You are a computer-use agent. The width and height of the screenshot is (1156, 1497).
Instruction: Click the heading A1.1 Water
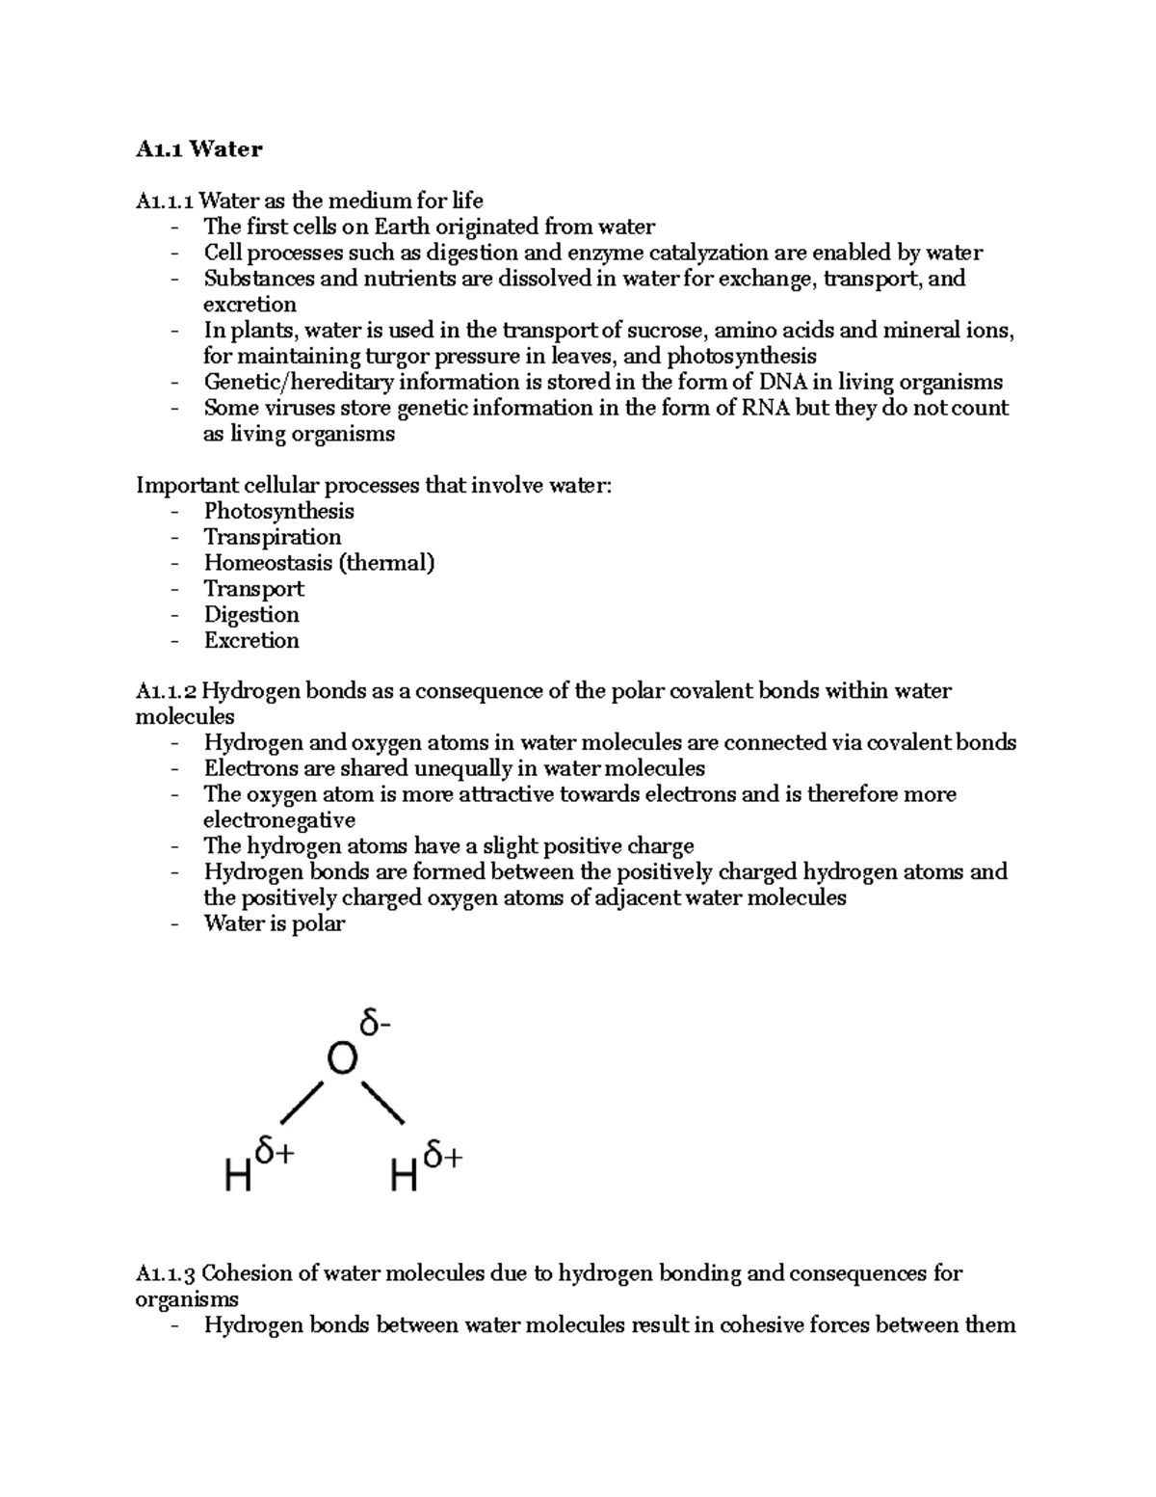point(198,148)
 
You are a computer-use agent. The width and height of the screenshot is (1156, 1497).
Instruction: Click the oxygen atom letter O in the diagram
point(342,1059)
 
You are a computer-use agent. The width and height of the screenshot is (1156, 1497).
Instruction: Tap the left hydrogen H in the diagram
point(238,1176)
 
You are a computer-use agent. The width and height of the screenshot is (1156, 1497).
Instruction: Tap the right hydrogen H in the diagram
point(404,1176)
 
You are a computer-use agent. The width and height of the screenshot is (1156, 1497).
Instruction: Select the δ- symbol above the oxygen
point(375,1022)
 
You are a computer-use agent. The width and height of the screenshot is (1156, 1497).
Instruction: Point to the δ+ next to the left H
point(275,1153)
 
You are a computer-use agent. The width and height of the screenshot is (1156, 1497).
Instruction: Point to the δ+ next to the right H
point(442,1154)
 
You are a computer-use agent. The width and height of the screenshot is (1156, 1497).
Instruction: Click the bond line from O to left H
point(301,1103)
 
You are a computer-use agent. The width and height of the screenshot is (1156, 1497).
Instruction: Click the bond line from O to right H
point(382,1103)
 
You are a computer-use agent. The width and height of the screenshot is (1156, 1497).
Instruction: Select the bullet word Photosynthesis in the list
point(278,511)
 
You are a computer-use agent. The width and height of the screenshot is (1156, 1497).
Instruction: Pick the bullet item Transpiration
point(272,537)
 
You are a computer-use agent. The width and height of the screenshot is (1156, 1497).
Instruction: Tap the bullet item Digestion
point(251,614)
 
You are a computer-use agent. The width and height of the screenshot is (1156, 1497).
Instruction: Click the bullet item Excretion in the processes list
point(251,640)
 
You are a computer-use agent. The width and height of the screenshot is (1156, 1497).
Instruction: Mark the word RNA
point(765,408)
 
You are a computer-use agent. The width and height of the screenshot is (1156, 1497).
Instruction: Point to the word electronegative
point(278,820)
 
